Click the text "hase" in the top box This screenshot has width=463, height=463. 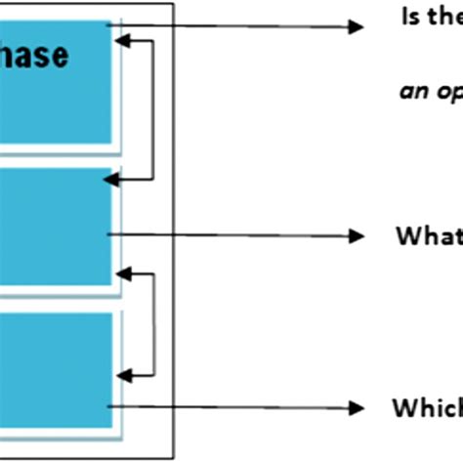point(34,56)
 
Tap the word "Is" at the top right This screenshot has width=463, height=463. point(410,17)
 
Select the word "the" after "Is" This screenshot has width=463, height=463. point(444,17)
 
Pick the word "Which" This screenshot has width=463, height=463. point(426,406)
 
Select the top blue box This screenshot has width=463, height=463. point(54,83)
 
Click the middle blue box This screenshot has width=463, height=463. point(54,227)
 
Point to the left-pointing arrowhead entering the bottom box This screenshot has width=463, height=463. point(122,372)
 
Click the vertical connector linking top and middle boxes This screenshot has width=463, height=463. point(154,109)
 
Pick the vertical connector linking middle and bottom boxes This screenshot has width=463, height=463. point(154,324)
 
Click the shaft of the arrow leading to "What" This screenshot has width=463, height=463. point(234,234)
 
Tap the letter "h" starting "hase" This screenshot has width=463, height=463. point(10,56)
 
